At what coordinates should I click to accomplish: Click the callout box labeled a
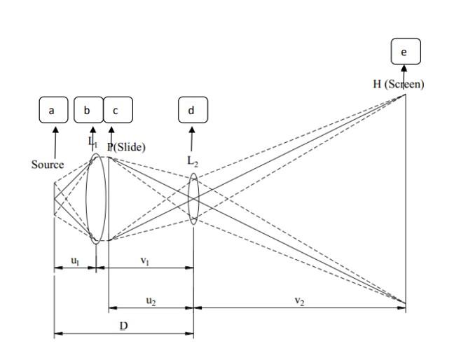click(51, 110)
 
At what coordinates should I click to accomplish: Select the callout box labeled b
click(88, 110)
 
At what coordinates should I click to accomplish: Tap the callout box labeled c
click(117, 110)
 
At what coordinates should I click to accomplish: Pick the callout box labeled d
click(192, 110)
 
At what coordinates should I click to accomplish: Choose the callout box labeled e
click(405, 52)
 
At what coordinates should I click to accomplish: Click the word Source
click(48, 165)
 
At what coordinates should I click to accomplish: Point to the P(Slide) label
click(126, 147)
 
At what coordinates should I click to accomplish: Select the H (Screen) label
click(398, 84)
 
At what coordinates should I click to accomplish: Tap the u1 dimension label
click(74, 261)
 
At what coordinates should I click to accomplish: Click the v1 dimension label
click(145, 261)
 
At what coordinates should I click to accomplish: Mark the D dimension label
click(123, 326)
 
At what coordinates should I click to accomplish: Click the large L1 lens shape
click(96, 199)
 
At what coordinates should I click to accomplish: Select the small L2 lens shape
click(194, 199)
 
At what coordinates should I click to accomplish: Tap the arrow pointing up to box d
click(192, 138)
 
